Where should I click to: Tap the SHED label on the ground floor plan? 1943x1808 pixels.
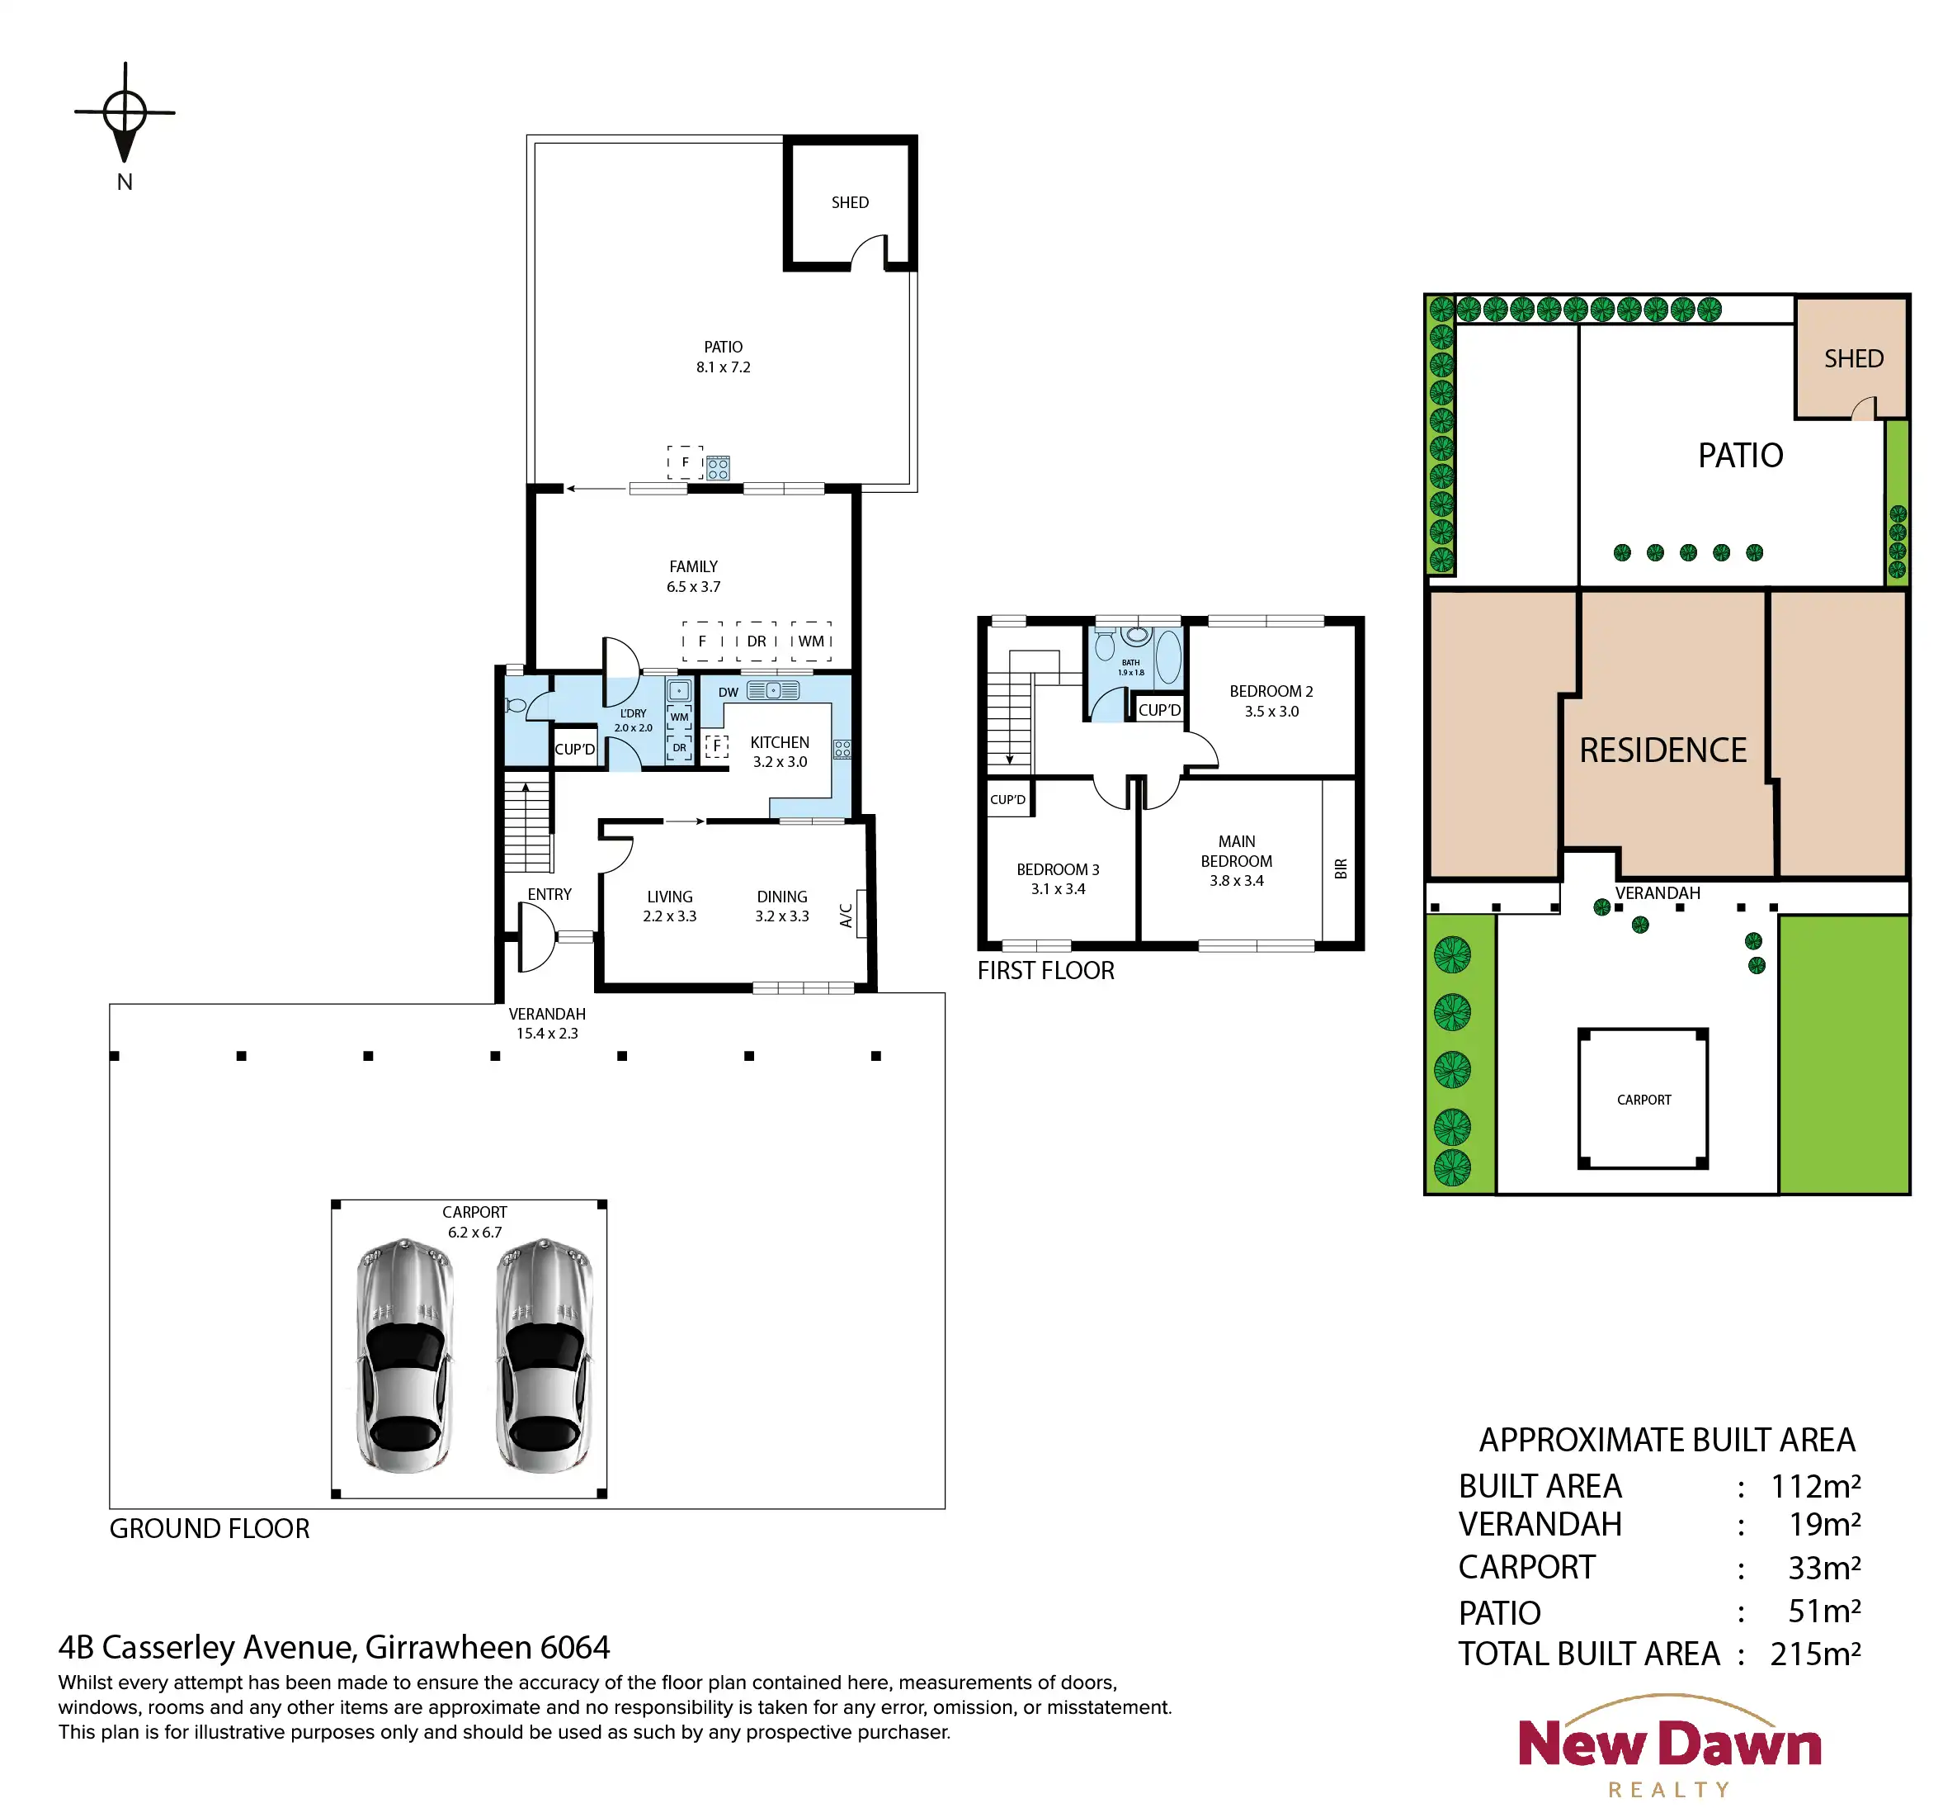point(849,202)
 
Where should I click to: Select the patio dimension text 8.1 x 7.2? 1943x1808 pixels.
point(724,367)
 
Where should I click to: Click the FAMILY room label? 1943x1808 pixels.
point(693,567)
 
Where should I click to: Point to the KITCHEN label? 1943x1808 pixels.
point(779,743)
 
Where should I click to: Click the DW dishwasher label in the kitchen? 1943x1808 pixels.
point(729,693)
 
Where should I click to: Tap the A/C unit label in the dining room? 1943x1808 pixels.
point(847,916)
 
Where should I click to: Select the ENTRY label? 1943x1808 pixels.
point(549,895)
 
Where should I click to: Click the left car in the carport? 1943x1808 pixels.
point(404,1356)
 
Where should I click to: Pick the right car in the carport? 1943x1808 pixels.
point(545,1356)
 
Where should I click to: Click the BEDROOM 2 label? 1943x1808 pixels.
point(1271,691)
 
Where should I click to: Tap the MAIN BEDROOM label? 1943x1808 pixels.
point(1237,850)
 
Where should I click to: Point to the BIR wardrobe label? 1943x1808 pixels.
point(1341,869)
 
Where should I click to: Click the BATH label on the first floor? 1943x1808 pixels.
point(1131,662)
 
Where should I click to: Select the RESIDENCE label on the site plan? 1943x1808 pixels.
point(1662,750)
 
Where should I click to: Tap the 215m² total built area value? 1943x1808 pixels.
point(1815,1654)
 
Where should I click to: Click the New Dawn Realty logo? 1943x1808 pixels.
point(1669,1746)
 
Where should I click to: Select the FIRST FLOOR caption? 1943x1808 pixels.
point(1046,971)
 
